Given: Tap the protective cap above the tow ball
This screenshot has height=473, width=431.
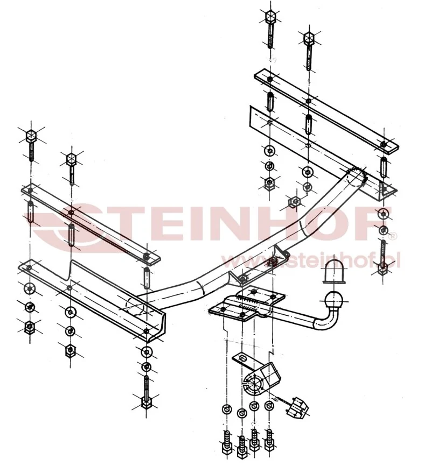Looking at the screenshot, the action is click(x=335, y=272).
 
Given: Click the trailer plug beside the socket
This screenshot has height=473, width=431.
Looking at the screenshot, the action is click(x=297, y=407).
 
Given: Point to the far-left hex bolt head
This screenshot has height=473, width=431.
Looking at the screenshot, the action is click(x=31, y=136).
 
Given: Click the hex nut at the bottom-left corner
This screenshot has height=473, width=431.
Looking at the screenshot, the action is click(x=29, y=327).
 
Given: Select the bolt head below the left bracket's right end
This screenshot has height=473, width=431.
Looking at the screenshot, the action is click(x=146, y=403).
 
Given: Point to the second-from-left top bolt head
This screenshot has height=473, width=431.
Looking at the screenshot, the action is click(x=71, y=159).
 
